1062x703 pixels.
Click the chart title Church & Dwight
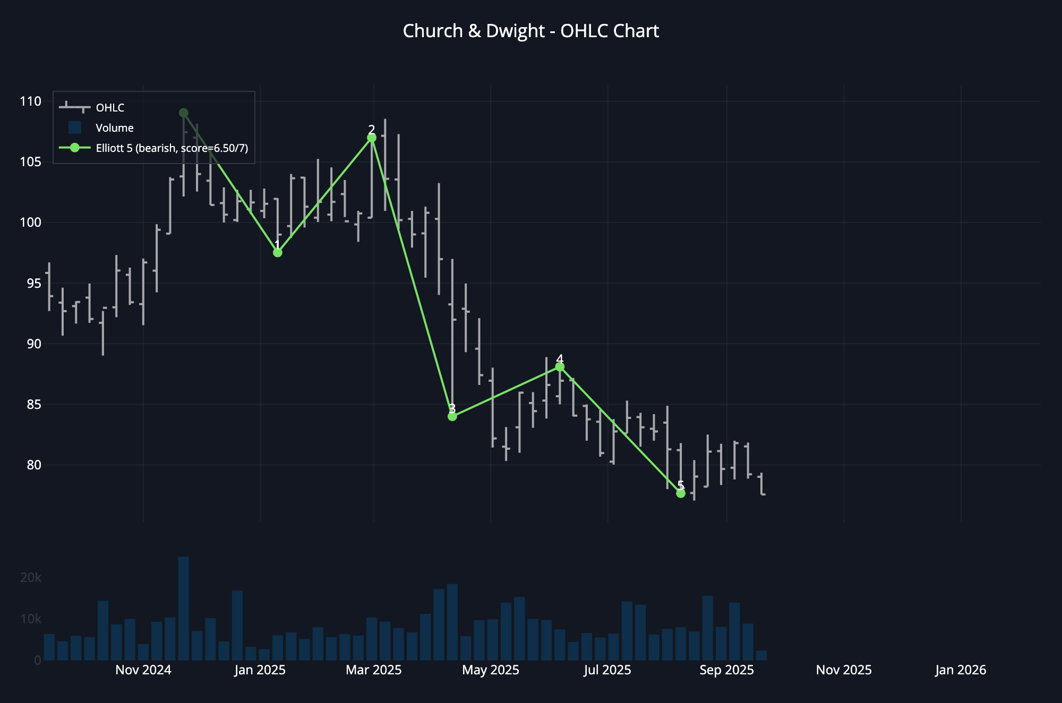(530, 31)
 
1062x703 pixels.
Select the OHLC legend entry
(109, 108)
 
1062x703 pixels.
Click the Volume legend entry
(114, 128)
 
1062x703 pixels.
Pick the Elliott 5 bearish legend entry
(172, 148)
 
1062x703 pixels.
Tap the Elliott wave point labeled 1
(277, 253)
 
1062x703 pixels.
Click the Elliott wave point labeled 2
(372, 138)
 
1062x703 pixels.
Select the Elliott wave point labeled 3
(452, 416)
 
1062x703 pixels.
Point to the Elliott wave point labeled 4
(560, 367)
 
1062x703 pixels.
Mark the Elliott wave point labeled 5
(681, 493)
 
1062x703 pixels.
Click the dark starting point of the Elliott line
(184, 113)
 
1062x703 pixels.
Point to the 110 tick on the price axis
(30, 101)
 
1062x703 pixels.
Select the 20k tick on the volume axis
(30, 578)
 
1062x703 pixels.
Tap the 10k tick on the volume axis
(30, 619)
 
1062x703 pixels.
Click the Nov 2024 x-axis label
(143, 670)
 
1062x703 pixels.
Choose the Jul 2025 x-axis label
(607, 670)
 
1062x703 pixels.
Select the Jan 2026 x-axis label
(961, 670)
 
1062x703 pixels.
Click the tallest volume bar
(184, 608)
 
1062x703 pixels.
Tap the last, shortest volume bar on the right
(761, 656)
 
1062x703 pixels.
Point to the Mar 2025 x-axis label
(374, 670)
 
